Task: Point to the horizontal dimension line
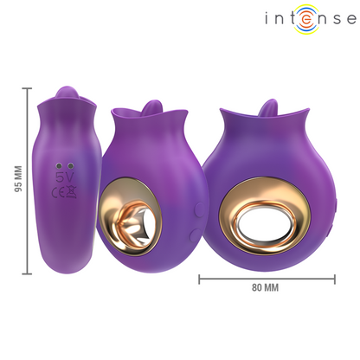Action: [x=267, y=279]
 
